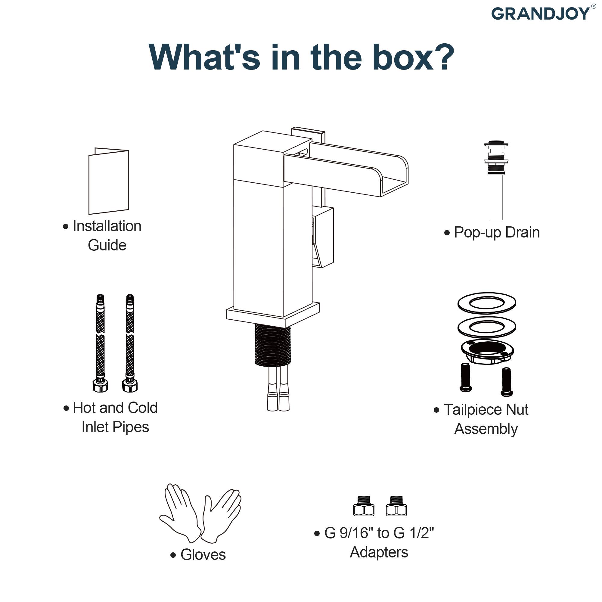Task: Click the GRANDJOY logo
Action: pos(541,14)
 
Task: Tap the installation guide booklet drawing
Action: pos(109,181)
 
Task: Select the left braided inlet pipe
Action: pos(100,343)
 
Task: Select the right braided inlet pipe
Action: pos(130,343)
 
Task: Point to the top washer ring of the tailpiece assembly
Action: pos(487,303)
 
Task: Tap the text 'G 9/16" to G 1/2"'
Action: pos(379,533)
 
